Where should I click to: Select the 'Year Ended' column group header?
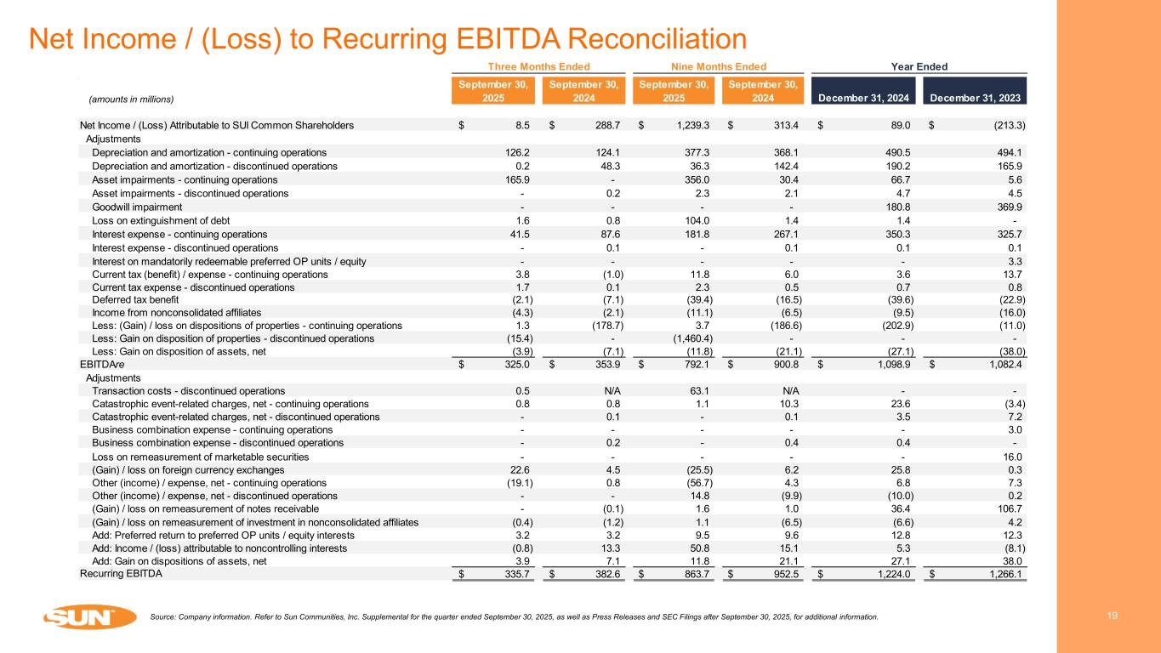click(919, 66)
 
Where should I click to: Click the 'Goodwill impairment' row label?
click(136, 207)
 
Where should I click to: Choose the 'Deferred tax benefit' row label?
click(138, 298)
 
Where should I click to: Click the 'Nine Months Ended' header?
click(713, 66)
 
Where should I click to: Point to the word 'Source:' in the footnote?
click(162, 616)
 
